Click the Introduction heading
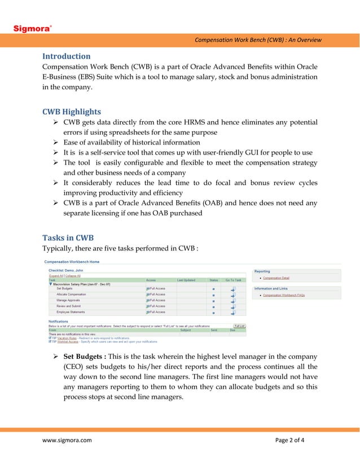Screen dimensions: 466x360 [67, 56]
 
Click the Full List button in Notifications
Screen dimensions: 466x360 [239, 326]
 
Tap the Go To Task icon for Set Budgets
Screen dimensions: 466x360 [232, 289]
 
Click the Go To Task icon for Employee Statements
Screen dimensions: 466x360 [232, 312]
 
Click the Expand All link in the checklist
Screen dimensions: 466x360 [55, 275]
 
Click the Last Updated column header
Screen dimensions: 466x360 [186, 280]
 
